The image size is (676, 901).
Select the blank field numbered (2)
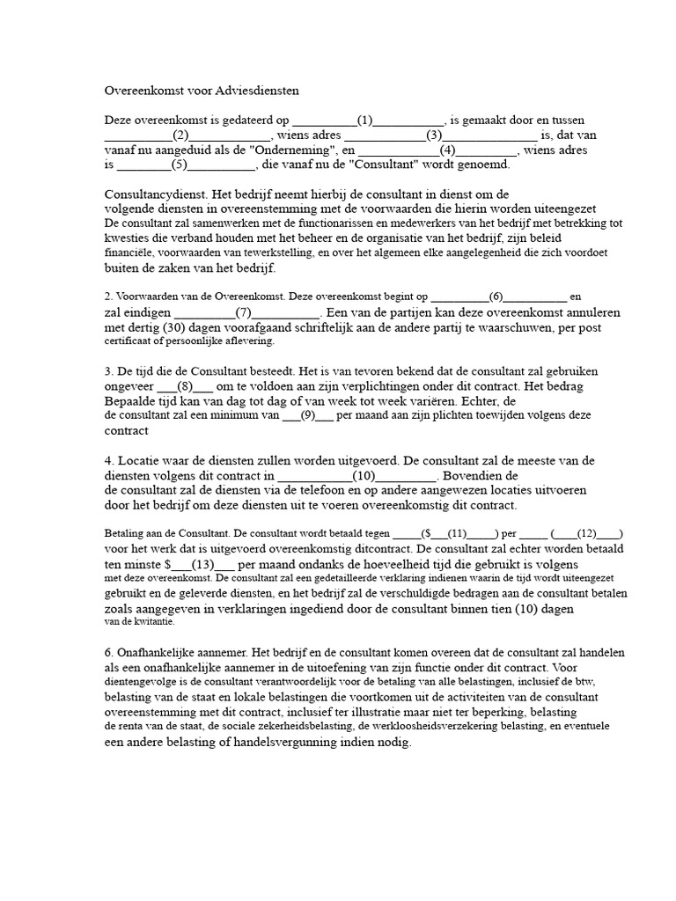coord(180,135)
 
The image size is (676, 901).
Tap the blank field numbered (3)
coord(433,135)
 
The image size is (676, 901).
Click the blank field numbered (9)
coord(307,415)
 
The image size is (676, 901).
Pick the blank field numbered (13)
coord(202,563)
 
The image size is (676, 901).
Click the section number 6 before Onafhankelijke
coord(108,653)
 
